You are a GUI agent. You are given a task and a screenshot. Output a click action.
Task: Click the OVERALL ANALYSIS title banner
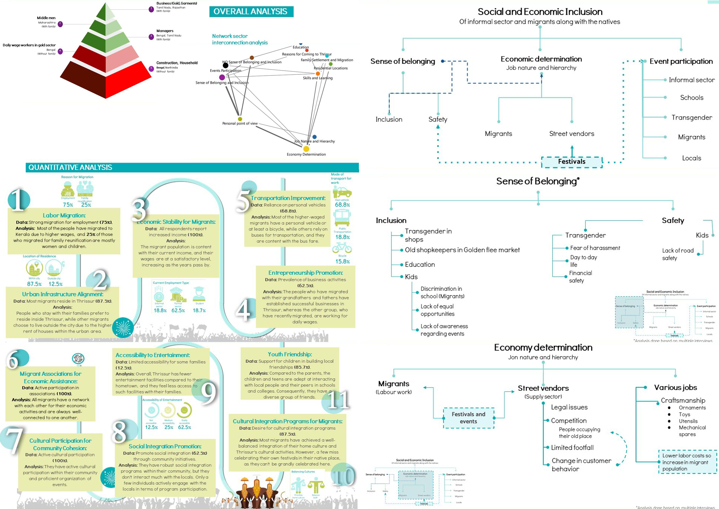251,12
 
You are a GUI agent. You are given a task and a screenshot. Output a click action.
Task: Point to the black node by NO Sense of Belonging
225,65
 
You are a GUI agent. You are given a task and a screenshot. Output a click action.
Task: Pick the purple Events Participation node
222,77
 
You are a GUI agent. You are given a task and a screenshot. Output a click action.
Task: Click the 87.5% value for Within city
34,284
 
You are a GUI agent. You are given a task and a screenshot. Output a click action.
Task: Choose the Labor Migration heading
64,215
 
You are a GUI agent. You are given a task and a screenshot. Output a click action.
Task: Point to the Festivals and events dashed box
468,418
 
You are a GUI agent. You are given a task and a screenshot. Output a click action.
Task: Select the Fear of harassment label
595,248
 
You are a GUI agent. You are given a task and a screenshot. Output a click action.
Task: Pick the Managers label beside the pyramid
165,31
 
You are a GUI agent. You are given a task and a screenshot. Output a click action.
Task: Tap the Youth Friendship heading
290,354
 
